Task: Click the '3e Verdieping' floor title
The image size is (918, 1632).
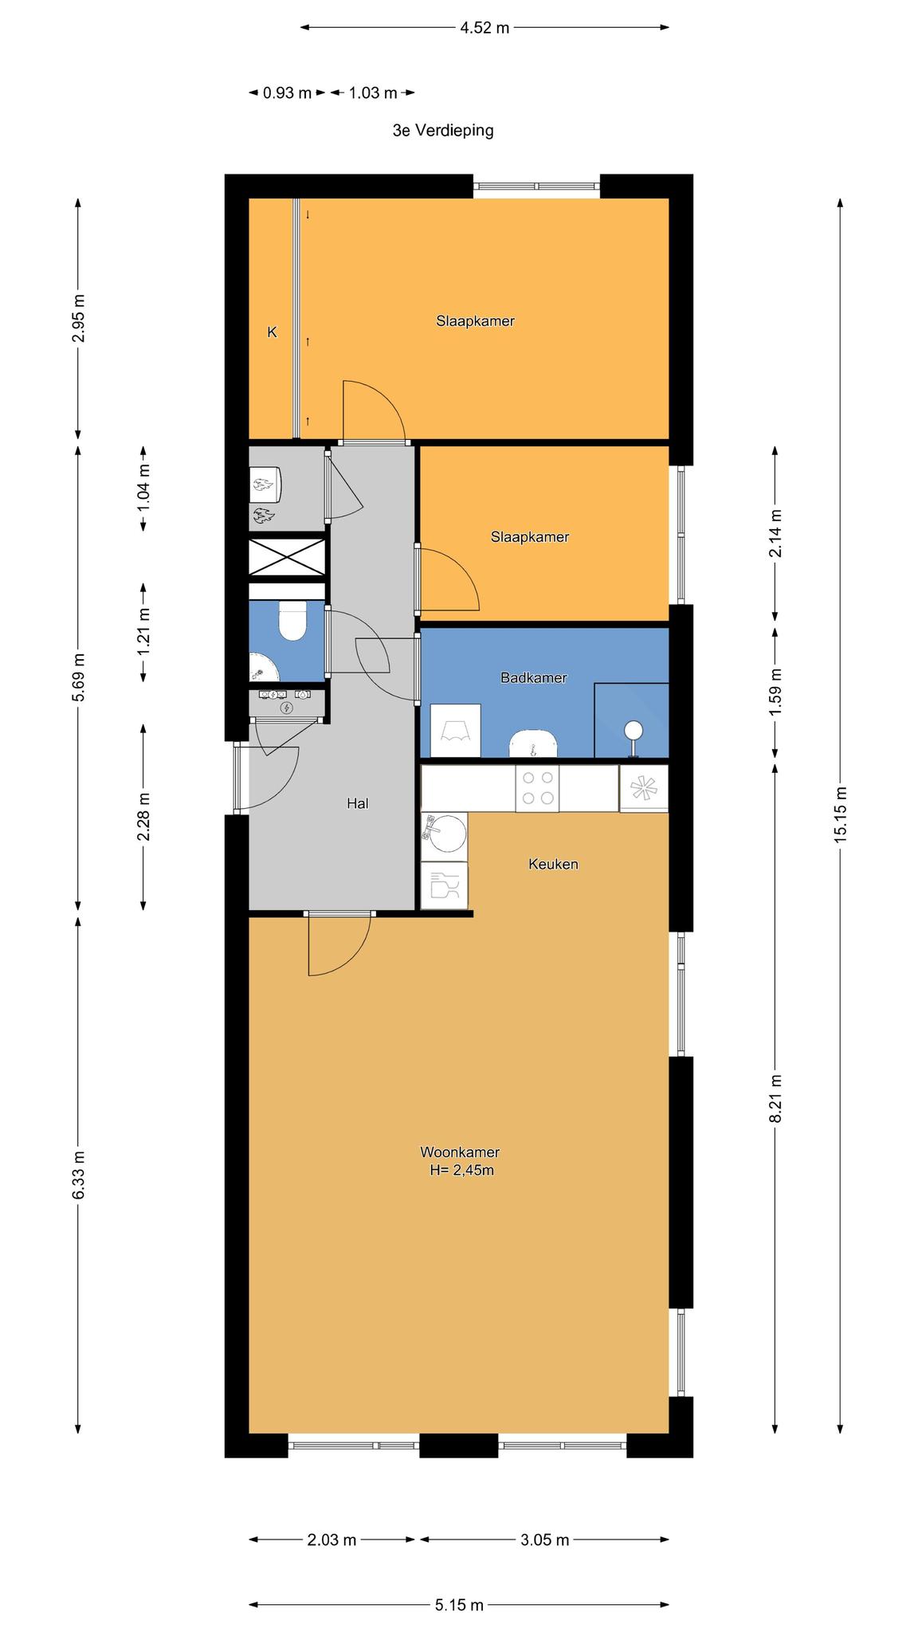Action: [x=443, y=131]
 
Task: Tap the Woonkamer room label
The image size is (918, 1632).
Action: [x=460, y=1152]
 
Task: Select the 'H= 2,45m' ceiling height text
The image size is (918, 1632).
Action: [x=461, y=1171]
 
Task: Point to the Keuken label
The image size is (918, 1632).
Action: [x=553, y=864]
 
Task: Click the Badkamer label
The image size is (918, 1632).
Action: [x=534, y=678]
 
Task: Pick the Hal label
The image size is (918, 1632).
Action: [x=357, y=804]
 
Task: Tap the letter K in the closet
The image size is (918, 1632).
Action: [x=272, y=332]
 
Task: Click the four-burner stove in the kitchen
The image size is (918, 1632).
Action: [x=536, y=789]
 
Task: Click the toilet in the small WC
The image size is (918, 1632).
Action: [x=292, y=621]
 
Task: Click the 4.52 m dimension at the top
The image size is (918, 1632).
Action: [x=484, y=28]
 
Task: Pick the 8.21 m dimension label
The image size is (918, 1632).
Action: [x=775, y=1098]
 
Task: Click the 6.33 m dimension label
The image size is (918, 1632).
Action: [x=78, y=1175]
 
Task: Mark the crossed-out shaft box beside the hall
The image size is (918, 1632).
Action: [x=287, y=557]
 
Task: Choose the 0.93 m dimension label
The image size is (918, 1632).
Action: [x=288, y=93]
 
